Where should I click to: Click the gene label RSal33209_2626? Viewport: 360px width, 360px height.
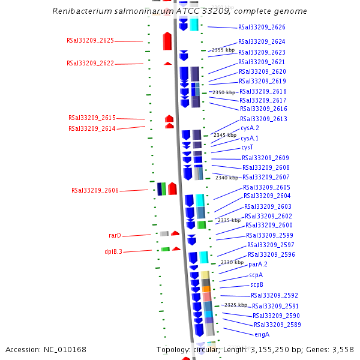click(262, 28)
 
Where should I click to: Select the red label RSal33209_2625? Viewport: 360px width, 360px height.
click(90, 41)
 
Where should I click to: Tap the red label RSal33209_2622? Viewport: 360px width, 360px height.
click(90, 64)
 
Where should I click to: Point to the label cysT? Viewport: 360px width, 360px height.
click(247, 148)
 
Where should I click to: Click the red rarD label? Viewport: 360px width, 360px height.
click(115, 236)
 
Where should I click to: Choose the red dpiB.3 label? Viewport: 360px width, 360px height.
click(113, 252)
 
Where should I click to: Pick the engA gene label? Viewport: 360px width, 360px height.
click(262, 335)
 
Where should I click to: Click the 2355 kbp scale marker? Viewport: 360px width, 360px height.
click(223, 50)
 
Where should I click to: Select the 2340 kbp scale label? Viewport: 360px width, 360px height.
click(227, 178)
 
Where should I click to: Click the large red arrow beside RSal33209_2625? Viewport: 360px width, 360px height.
click(167, 41)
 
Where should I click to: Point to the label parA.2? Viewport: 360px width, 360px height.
click(258, 265)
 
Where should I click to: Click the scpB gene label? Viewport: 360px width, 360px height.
click(257, 285)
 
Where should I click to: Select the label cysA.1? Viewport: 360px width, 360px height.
click(250, 138)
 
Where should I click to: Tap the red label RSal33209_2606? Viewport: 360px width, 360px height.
click(95, 191)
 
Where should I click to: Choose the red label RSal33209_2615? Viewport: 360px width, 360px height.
click(92, 118)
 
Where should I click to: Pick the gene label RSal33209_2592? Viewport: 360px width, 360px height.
click(274, 296)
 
